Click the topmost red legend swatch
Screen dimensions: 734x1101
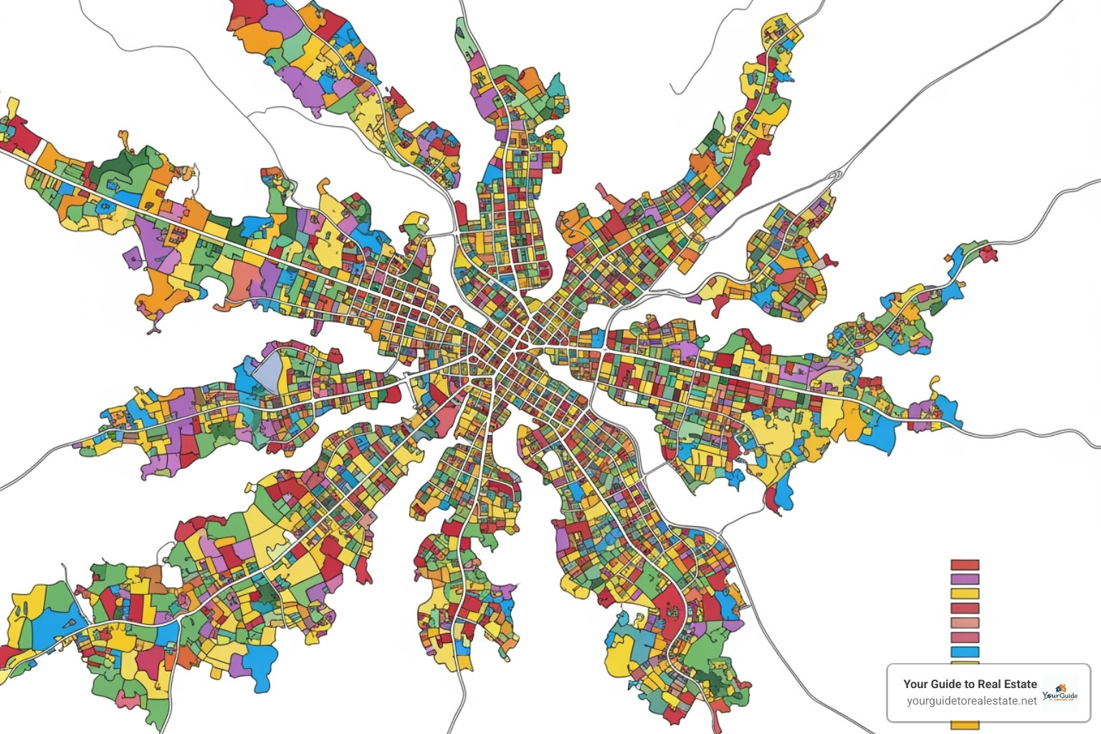(x=964, y=565)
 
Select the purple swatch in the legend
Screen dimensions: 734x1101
(x=964, y=579)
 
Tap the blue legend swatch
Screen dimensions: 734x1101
(x=964, y=652)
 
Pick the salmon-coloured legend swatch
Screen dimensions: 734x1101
(x=964, y=623)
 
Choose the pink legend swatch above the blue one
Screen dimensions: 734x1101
(x=964, y=637)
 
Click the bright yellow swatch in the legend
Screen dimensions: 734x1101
(x=964, y=594)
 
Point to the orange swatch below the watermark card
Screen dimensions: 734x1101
(x=964, y=725)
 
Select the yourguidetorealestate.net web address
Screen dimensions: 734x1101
(x=971, y=701)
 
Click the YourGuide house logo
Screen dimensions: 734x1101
(x=1060, y=693)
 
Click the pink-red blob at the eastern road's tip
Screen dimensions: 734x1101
(x=988, y=252)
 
